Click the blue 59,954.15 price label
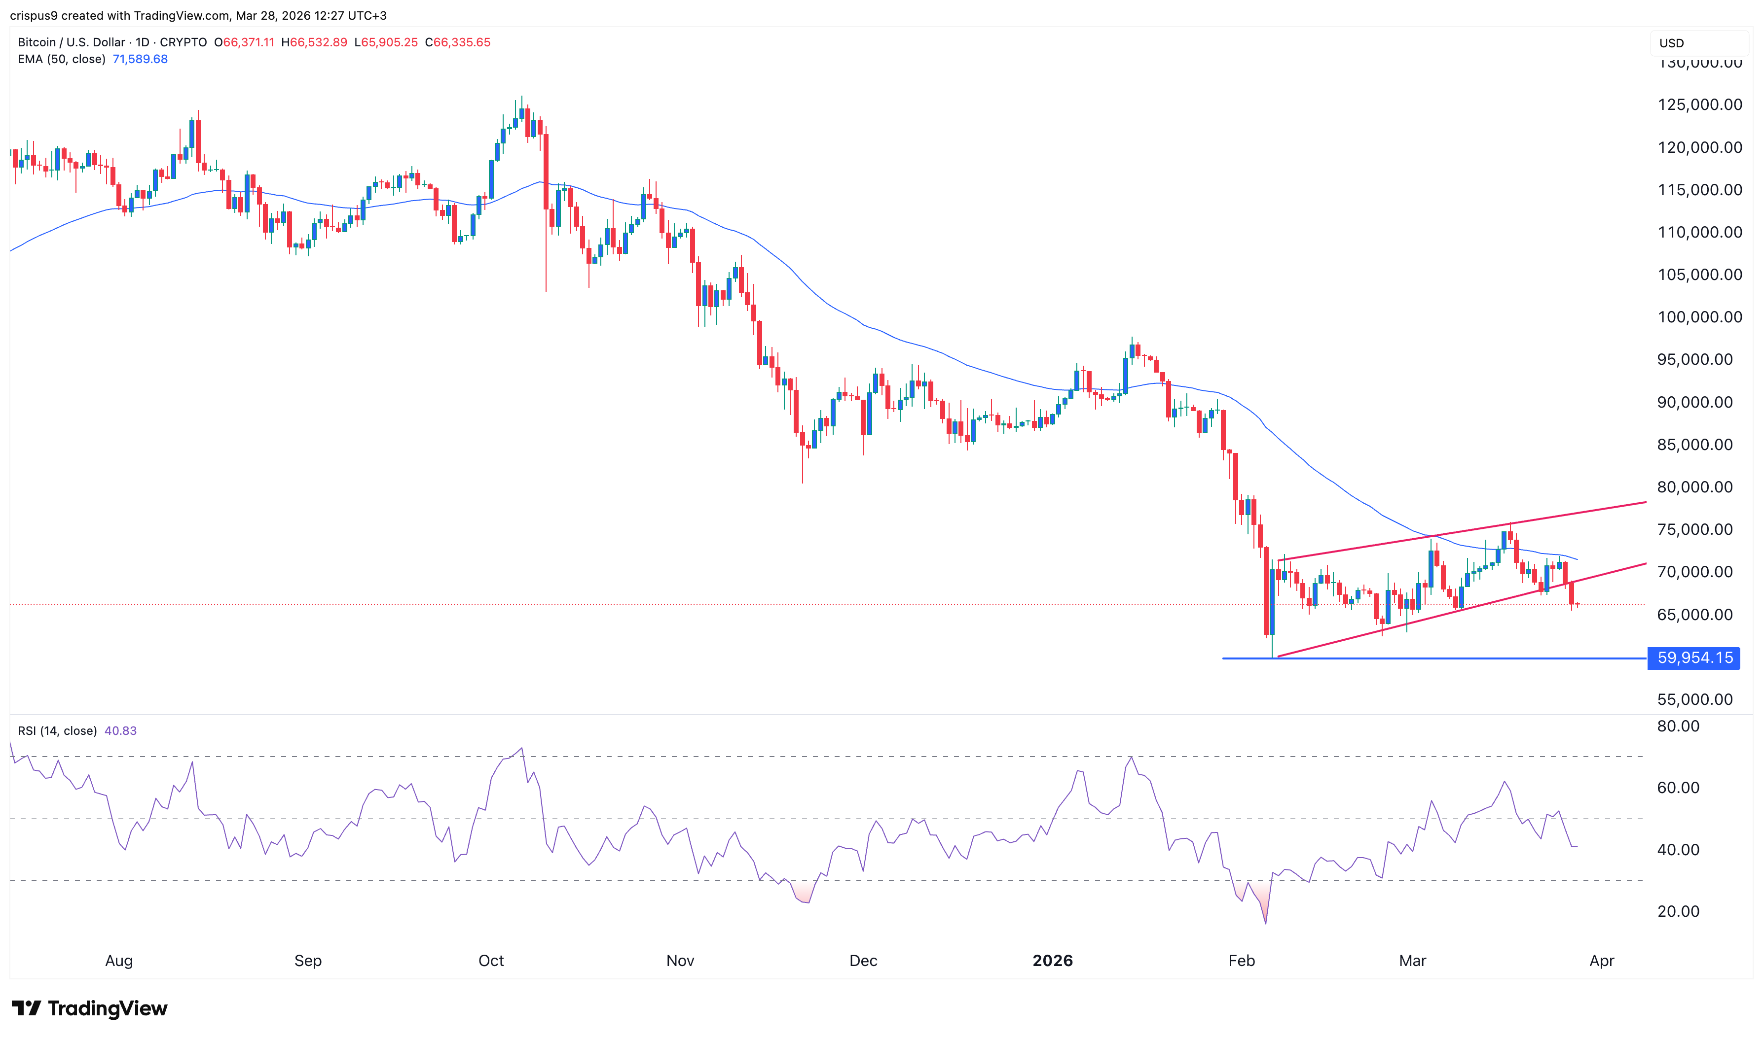[1694, 657]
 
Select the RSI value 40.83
[120, 731]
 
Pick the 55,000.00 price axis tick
[1694, 699]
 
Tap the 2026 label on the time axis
[1052, 961]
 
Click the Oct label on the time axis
[491, 961]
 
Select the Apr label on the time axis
[1601, 961]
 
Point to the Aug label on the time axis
[118, 961]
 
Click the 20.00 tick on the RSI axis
[1678, 911]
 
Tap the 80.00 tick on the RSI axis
[1678, 726]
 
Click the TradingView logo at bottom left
[90, 1008]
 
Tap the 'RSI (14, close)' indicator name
[57, 731]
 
